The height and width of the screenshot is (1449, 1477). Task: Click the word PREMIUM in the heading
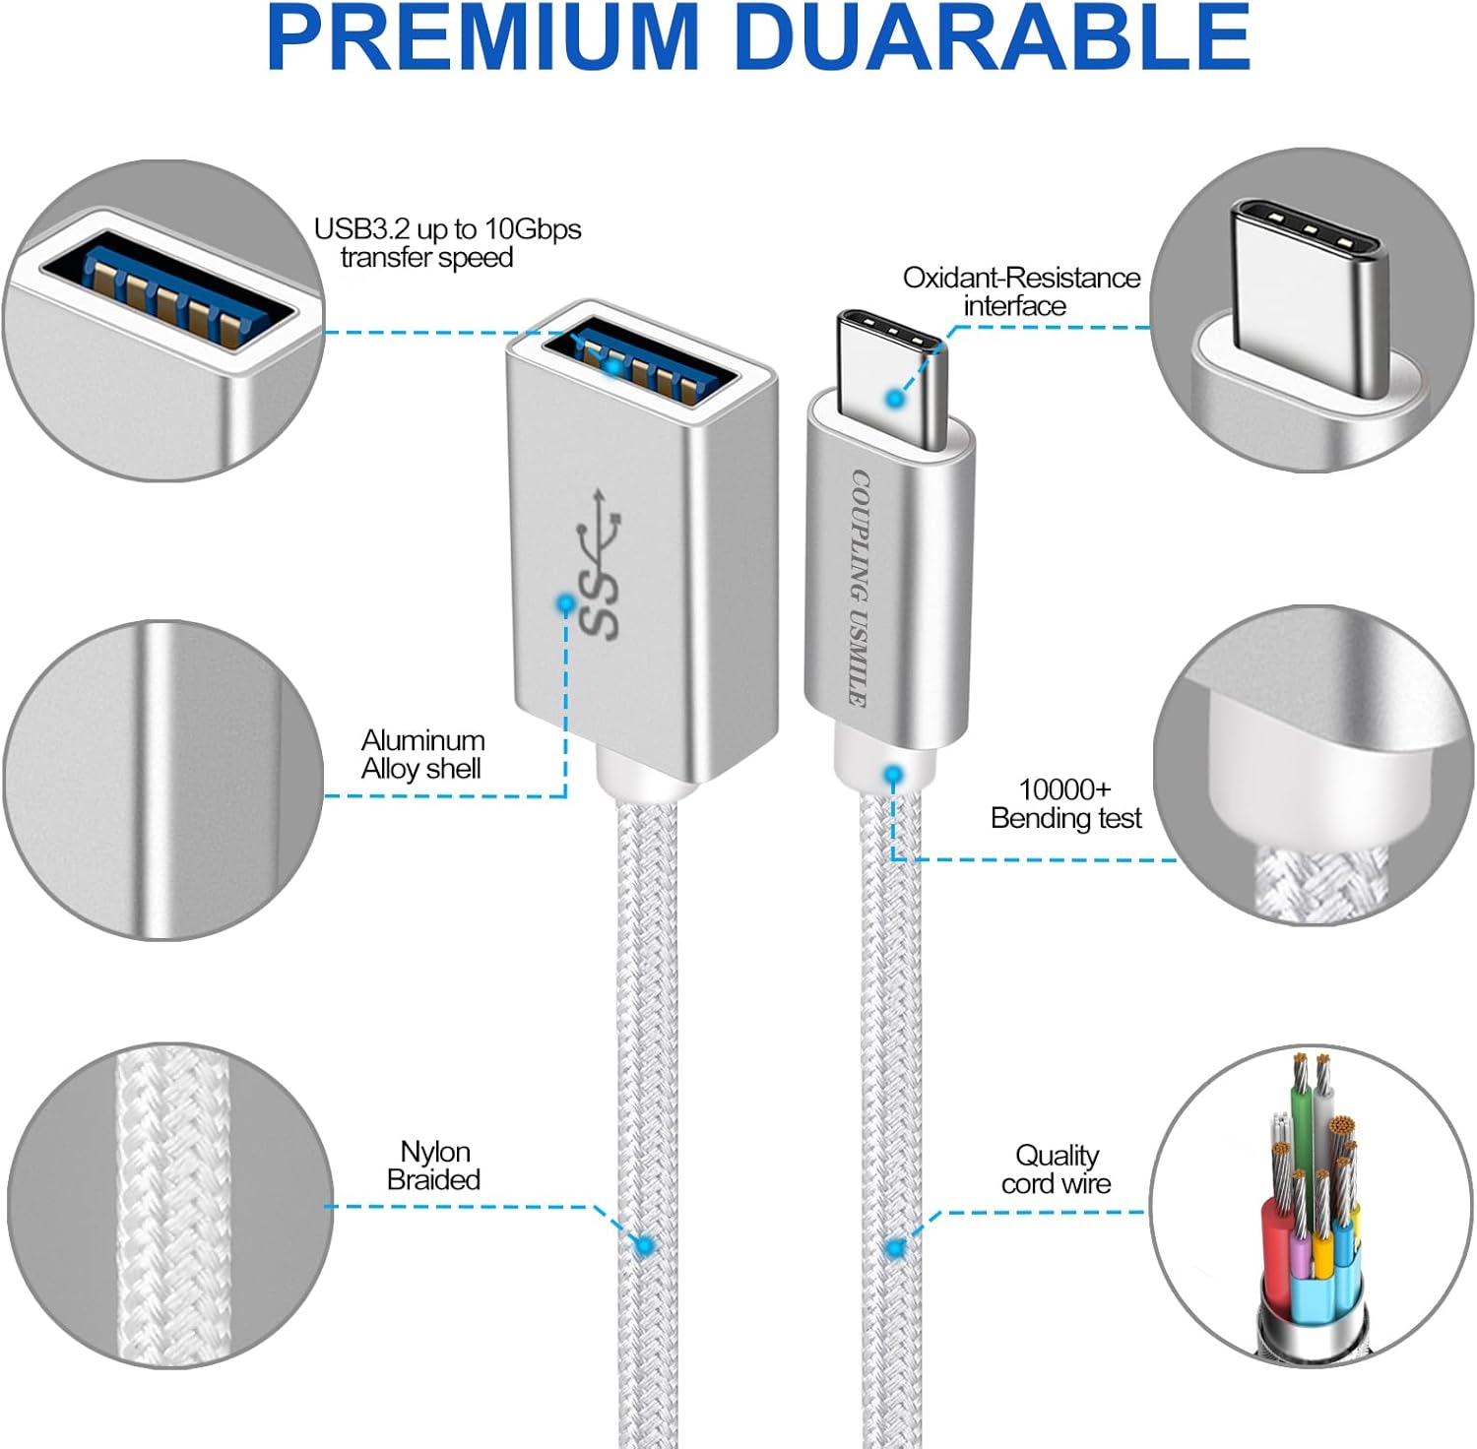click(x=482, y=37)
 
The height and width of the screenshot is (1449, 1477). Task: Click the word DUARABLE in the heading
click(x=993, y=37)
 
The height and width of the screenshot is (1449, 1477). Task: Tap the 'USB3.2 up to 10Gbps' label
click(x=447, y=229)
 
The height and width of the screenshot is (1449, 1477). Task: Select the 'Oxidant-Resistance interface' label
click(x=1021, y=291)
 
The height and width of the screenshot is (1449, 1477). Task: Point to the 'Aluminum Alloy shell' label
click(x=422, y=754)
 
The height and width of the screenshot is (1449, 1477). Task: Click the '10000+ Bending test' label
click(x=1065, y=803)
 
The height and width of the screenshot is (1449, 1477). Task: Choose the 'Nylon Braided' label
click(x=433, y=1165)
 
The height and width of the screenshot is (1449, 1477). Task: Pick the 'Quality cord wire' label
click(x=1056, y=1169)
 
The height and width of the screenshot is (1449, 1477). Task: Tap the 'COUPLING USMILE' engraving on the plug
click(x=859, y=588)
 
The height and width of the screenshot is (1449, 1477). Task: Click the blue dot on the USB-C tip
click(x=894, y=399)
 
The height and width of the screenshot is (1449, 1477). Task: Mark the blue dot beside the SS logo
click(x=565, y=602)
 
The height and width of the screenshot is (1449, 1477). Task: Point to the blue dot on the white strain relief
click(x=893, y=776)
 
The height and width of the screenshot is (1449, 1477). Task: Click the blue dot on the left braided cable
click(x=645, y=1246)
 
